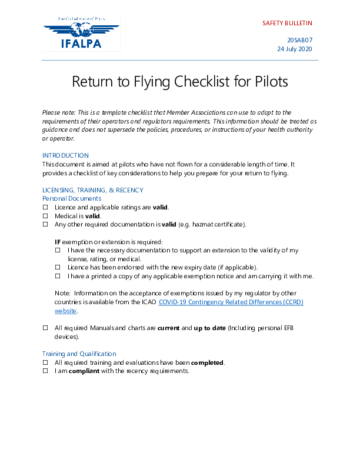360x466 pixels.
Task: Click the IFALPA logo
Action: pyautogui.click(x=81, y=34)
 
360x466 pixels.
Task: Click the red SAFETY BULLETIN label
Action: pyautogui.click(x=287, y=24)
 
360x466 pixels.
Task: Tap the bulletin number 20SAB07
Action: pyautogui.click(x=299, y=40)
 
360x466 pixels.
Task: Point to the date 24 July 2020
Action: pyautogui.click(x=294, y=49)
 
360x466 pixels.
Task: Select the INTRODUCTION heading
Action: pyautogui.click(x=65, y=155)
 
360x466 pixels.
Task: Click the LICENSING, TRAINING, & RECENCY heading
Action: pyautogui.click(x=92, y=190)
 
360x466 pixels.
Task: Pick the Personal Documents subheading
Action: pyautogui.click(x=72, y=199)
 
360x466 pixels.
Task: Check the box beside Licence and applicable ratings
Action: pyautogui.click(x=45, y=208)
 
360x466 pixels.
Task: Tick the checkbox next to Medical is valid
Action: pyautogui.click(x=45, y=217)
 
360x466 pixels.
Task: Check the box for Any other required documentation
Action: pyautogui.click(x=45, y=225)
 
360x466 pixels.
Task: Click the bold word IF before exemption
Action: pyautogui.click(x=58, y=242)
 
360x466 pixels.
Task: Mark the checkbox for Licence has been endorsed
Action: pyautogui.click(x=58, y=268)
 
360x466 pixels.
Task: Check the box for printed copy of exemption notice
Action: pyautogui.click(x=58, y=276)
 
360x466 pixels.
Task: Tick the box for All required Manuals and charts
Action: pyautogui.click(x=45, y=328)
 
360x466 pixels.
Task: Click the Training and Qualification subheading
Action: pyautogui.click(x=79, y=354)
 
